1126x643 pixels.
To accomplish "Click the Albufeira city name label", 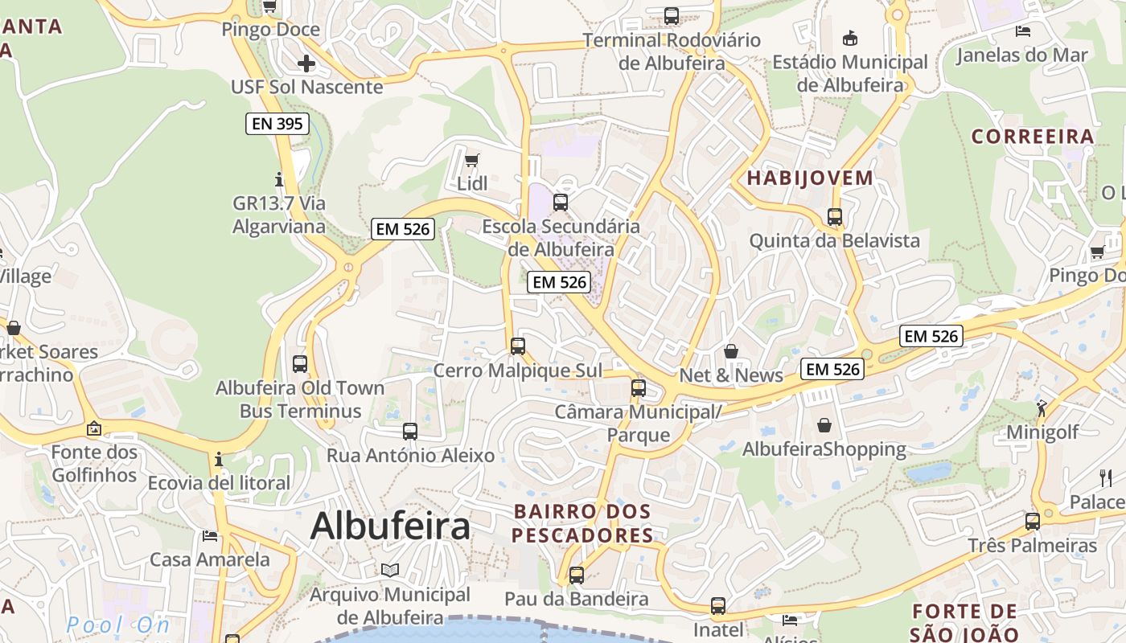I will (x=390, y=526).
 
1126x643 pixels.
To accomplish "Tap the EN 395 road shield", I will (x=277, y=124).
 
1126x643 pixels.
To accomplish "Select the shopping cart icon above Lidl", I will (x=472, y=160).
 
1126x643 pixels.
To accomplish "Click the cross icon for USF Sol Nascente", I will (x=306, y=63).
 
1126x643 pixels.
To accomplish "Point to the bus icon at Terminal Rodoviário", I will (x=671, y=15).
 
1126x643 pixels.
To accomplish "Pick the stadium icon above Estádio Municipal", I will (x=849, y=38).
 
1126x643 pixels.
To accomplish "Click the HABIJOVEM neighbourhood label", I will (x=810, y=178).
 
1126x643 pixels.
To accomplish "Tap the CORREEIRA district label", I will (x=1033, y=137).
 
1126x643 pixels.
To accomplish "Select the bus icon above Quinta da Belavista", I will (x=834, y=217).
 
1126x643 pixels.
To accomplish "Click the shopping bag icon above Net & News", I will (x=731, y=351).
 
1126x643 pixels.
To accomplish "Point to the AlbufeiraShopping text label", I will (x=824, y=449).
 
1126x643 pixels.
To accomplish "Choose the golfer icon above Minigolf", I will (x=1042, y=408).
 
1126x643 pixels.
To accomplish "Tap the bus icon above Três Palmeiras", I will (x=1032, y=521).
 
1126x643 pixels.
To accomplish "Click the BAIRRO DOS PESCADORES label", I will (x=582, y=523).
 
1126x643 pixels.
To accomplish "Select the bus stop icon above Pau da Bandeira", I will (x=576, y=575).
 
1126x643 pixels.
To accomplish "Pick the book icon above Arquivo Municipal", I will (x=390, y=570).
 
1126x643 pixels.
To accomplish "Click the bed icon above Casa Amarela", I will (x=210, y=535).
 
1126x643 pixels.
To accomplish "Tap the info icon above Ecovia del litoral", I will (x=219, y=460).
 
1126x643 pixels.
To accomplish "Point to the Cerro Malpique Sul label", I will (x=517, y=371).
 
